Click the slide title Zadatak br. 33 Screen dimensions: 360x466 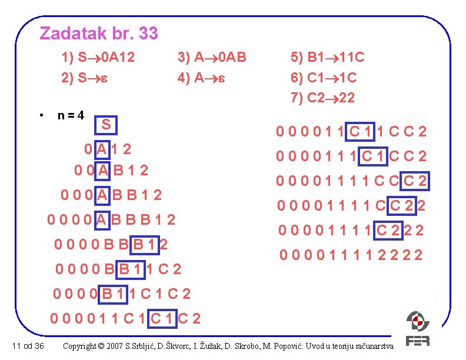(x=99, y=34)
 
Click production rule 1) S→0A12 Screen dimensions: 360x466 (x=98, y=58)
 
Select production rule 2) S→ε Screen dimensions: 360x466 (x=83, y=78)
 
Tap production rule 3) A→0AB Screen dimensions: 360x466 (x=212, y=58)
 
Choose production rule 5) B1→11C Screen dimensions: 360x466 (x=328, y=58)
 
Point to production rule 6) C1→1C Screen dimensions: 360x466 (x=324, y=78)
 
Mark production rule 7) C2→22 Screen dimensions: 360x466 (x=324, y=98)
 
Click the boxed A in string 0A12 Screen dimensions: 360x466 (x=102, y=149)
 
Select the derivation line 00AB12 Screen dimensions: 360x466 (x=111, y=171)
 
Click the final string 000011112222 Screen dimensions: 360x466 (x=352, y=255)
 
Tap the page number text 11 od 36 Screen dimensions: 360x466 (x=27, y=345)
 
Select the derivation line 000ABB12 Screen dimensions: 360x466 (x=111, y=195)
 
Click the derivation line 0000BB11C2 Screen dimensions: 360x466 (x=117, y=270)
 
